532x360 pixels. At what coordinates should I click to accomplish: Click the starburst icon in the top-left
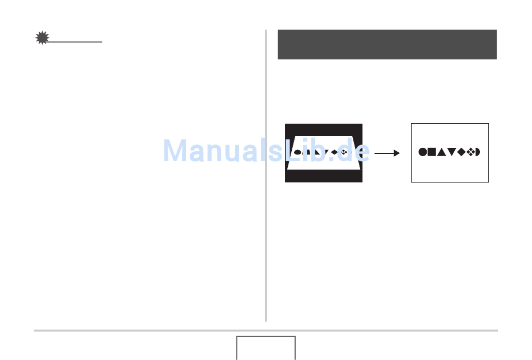(42, 38)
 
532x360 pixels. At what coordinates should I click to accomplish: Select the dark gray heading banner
(387, 44)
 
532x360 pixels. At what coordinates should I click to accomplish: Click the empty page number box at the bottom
(265, 348)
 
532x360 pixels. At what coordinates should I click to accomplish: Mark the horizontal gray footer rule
(265, 330)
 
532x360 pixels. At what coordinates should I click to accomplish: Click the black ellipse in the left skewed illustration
(298, 152)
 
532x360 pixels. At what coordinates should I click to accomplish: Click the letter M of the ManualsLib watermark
(176, 151)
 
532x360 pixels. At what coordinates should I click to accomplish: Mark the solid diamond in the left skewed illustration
(334, 152)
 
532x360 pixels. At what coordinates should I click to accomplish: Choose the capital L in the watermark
(293, 151)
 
